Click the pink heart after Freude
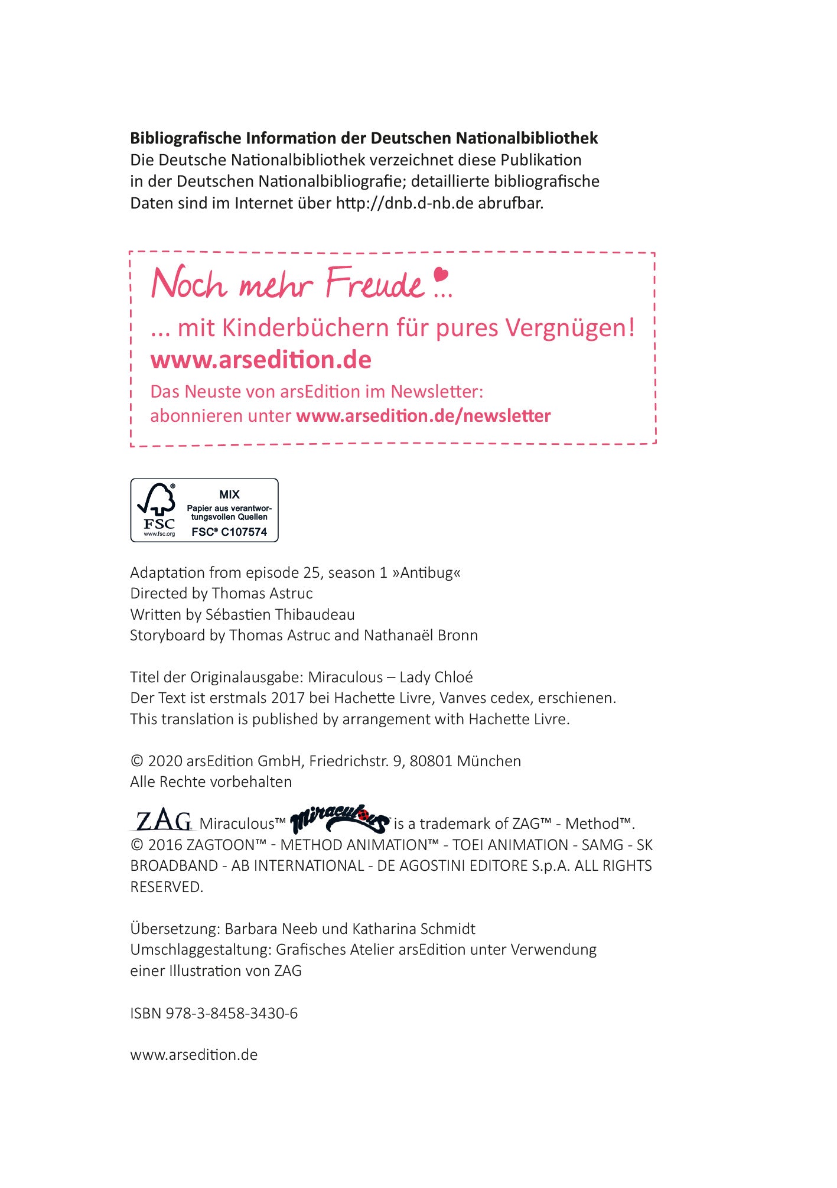tap(441, 275)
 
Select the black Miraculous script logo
tap(340, 818)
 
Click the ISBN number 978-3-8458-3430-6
tap(232, 1013)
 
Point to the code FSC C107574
tap(229, 532)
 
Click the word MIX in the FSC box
tap(229, 494)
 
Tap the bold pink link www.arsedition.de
tap(260, 360)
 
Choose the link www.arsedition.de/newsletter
tap(423, 416)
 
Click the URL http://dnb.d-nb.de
tap(405, 203)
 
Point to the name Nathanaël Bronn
tap(421, 635)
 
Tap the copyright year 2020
tap(165, 761)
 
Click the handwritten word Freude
tap(374, 284)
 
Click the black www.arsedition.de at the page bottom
tap(194, 1055)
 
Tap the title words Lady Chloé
tap(436, 677)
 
